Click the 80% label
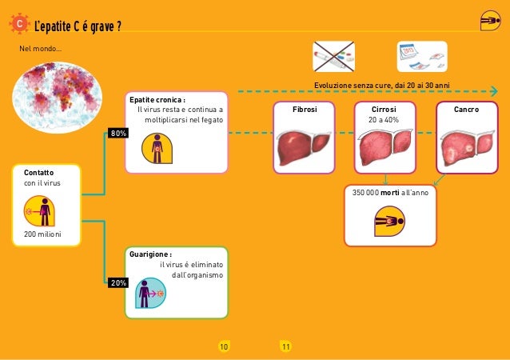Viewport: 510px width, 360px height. [x=118, y=133]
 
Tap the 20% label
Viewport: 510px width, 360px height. [x=118, y=283]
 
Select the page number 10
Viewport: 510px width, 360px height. [x=224, y=346]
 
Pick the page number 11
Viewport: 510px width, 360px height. [x=285, y=346]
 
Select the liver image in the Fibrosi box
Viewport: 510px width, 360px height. [x=305, y=148]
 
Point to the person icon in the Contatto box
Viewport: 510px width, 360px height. [x=42, y=210]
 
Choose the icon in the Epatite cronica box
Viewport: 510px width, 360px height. [x=157, y=148]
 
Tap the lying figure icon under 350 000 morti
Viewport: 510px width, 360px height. [x=389, y=221]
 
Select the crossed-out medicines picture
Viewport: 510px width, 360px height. [x=334, y=56]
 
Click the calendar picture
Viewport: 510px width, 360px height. [x=421, y=56]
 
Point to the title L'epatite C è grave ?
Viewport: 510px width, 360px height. [x=78, y=26]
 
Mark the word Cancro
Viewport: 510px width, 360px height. [x=466, y=109]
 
